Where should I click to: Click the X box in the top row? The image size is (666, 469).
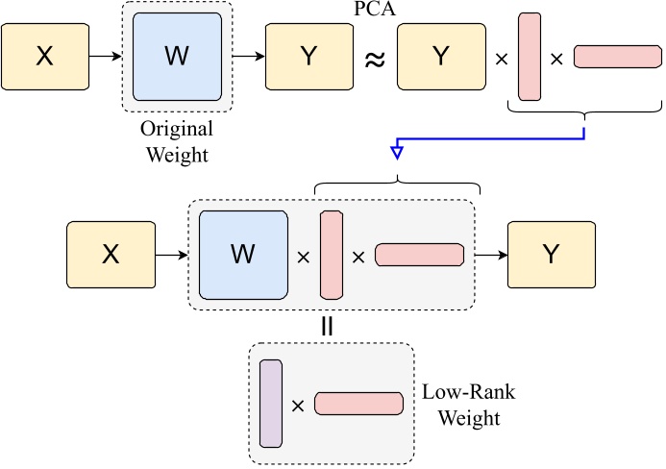44,57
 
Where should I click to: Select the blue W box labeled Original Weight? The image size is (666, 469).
178,57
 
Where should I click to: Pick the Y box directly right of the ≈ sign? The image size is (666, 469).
439,57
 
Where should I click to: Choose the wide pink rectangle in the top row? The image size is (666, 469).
612,57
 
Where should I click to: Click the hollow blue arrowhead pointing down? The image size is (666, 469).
397,152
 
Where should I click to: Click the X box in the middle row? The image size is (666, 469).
110,255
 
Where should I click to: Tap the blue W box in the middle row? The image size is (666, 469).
244,255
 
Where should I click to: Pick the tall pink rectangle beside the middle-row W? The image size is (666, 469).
331,255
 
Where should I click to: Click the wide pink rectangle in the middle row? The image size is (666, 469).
419,255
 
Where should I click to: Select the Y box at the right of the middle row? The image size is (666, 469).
551,255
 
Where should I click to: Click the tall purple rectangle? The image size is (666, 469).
270,405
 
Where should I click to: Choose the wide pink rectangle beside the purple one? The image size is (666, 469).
358,404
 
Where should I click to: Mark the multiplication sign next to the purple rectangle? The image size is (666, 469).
298,406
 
